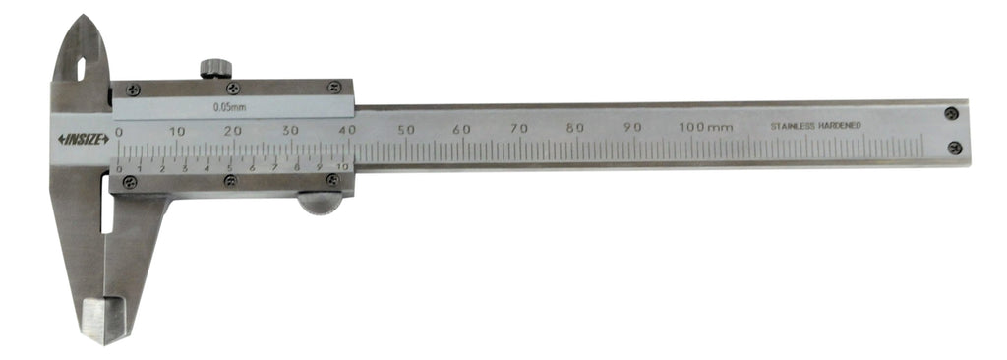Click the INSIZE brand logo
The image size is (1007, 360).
coord(84,140)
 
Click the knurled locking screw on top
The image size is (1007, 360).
coord(215,68)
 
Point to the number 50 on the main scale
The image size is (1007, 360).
coord(405,129)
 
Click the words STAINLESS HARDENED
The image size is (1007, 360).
coord(815,126)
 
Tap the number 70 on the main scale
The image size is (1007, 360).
coord(519,129)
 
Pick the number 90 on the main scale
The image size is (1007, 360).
coord(632,127)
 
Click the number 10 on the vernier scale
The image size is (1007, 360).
coord(342,167)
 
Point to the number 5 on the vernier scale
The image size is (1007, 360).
coord(229,168)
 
